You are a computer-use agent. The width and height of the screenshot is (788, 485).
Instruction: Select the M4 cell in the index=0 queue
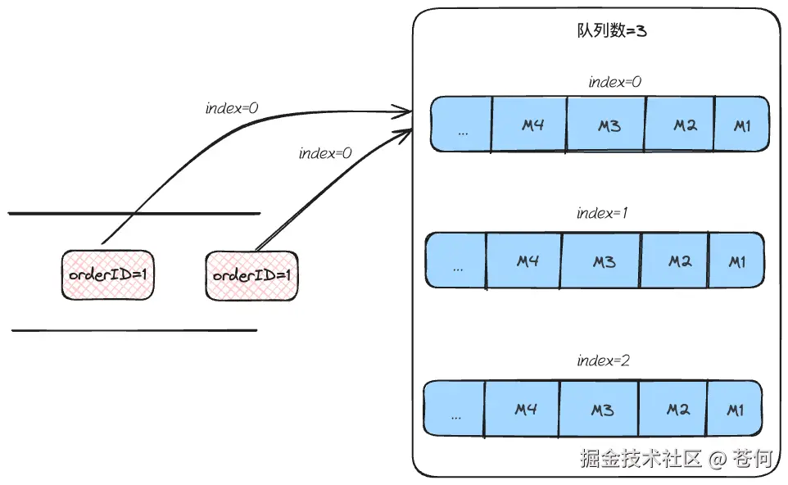click(529, 125)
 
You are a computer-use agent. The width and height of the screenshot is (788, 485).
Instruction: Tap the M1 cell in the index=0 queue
click(742, 125)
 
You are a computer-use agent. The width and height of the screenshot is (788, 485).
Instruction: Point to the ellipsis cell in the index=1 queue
click(457, 261)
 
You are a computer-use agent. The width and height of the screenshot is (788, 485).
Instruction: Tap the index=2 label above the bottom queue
click(604, 360)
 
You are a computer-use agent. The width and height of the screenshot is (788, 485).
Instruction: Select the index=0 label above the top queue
click(615, 82)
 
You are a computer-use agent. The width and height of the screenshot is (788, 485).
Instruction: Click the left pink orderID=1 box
click(107, 274)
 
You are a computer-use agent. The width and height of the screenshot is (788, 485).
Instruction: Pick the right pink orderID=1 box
click(251, 274)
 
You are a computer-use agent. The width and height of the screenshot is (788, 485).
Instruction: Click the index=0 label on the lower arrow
click(325, 153)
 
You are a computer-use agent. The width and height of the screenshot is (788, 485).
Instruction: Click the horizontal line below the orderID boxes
click(134, 331)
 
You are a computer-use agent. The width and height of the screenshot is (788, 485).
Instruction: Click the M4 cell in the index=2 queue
click(523, 408)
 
